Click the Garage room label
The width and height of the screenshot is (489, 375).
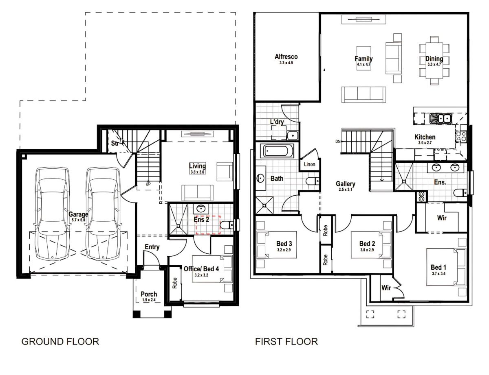(x=78, y=214)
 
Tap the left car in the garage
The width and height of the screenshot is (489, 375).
(x=52, y=214)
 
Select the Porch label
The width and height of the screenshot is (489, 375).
(x=149, y=294)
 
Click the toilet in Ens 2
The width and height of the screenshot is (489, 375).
(x=226, y=224)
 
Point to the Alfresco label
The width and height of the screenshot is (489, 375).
(x=286, y=57)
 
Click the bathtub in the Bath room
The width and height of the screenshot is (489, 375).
(x=277, y=151)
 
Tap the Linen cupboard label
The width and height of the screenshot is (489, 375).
(x=309, y=164)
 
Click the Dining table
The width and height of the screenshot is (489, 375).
(x=434, y=60)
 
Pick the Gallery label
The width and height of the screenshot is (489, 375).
(x=346, y=184)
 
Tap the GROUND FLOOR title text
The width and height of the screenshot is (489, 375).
(x=60, y=341)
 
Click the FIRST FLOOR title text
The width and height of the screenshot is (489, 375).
(x=286, y=341)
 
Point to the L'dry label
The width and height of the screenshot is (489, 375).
(x=277, y=122)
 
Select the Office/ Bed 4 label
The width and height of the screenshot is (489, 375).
(x=201, y=269)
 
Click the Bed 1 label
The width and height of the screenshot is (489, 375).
(x=438, y=267)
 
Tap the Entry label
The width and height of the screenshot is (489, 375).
(x=152, y=247)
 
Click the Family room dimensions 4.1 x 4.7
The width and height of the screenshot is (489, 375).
(x=363, y=64)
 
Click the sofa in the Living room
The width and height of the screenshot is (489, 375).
(x=197, y=192)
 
